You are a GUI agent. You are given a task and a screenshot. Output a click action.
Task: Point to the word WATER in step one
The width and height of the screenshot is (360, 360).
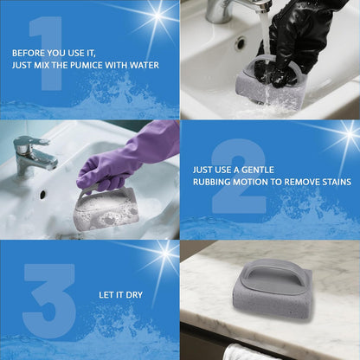(x=146, y=63)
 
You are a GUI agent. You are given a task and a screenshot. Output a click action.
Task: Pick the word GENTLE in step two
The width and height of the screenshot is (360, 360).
(x=260, y=170)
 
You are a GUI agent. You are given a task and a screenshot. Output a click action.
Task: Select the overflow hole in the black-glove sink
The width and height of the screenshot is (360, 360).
(x=240, y=41)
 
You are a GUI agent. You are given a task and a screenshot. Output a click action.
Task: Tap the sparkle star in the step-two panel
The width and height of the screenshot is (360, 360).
(x=345, y=135)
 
